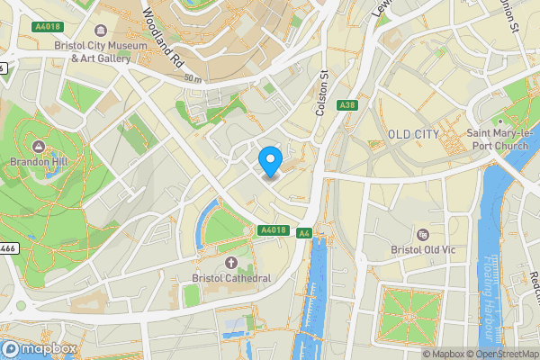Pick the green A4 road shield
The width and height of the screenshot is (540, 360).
point(304,233)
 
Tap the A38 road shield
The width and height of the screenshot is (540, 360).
point(346,106)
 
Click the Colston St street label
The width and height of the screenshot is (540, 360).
point(320,90)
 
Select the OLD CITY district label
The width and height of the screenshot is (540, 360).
point(413,134)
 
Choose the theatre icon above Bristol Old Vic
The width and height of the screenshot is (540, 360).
point(422,233)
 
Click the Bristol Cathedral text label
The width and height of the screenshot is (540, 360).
point(230,278)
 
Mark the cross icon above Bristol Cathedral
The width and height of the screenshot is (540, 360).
point(230,262)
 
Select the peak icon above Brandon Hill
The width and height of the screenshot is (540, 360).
point(39,147)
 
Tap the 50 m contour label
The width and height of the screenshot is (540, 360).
point(192,78)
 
